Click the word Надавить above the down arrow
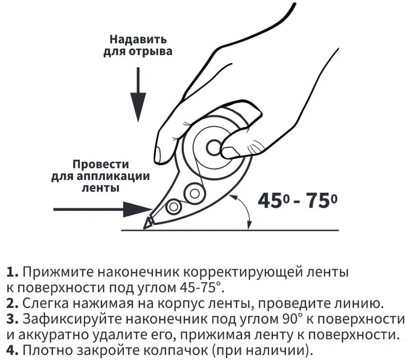(x=138, y=39)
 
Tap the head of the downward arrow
(x=138, y=107)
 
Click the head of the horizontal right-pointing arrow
(x=136, y=209)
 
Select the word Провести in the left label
(x=101, y=165)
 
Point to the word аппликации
(x=113, y=177)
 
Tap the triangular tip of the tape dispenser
(x=147, y=223)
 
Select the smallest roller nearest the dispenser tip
(x=174, y=207)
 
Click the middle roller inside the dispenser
(x=195, y=193)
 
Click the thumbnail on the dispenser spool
(x=230, y=152)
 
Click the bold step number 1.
(x=13, y=273)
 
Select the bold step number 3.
(x=13, y=319)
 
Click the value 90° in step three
(x=290, y=319)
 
